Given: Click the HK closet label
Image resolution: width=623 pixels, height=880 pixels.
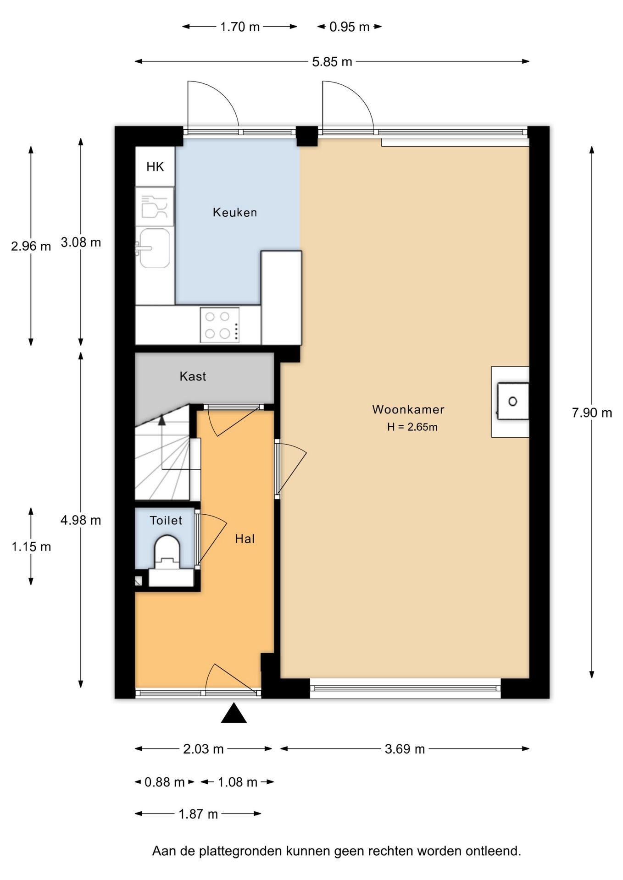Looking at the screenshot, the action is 155,166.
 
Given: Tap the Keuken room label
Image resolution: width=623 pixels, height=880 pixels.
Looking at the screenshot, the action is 234,212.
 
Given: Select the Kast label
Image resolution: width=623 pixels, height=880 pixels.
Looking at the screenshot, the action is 193,376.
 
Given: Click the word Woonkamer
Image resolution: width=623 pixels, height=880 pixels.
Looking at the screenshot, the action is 408,409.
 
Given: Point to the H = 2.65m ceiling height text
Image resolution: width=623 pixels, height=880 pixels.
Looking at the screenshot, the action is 412,427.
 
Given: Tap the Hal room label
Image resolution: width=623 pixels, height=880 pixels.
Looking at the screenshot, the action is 245,539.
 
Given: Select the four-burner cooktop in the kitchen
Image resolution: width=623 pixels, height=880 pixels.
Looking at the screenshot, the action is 220,325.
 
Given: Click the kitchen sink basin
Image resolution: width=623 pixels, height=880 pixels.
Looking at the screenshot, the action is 155,248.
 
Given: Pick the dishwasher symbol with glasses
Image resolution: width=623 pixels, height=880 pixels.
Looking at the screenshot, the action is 155,206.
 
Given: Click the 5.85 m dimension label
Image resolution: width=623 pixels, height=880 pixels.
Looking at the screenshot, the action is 332,62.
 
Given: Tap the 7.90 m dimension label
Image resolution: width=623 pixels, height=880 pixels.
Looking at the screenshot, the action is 592,413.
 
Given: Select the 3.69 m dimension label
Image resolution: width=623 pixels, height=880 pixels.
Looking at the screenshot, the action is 405,749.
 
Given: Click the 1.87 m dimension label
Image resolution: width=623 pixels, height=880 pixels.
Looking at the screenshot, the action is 198,814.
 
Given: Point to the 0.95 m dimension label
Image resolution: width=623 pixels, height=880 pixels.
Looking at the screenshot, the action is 350,27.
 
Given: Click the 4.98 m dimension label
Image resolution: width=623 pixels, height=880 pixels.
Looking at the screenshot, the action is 81,520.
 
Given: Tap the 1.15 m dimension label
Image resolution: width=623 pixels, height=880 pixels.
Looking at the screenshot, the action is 31,547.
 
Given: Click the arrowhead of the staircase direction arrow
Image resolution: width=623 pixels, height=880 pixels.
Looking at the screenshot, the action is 161,420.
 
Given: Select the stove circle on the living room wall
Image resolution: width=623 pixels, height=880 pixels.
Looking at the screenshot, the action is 513,401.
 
